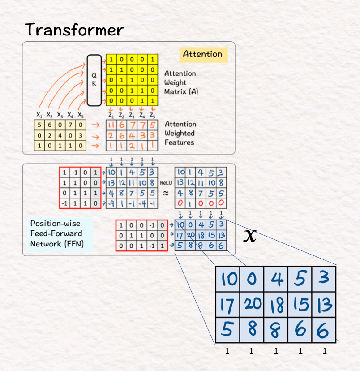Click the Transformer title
click(x=74, y=30)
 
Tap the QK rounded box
click(x=94, y=80)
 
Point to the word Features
click(x=179, y=142)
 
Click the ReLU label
click(x=166, y=183)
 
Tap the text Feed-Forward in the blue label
click(x=56, y=233)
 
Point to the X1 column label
click(x=39, y=115)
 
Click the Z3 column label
click(x=131, y=115)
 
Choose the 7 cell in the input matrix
click(x=70, y=125)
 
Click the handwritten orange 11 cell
click(x=111, y=125)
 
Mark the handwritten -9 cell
click(x=111, y=204)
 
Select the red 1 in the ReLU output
click(x=190, y=204)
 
